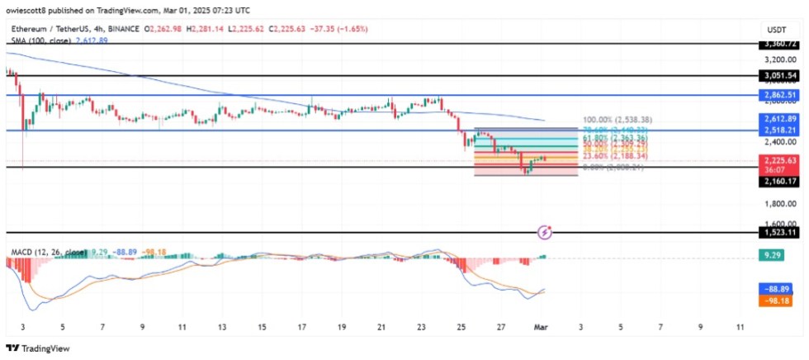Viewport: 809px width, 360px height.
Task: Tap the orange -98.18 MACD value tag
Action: pyautogui.click(x=777, y=301)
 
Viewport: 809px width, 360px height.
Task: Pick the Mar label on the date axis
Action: pyautogui.click(x=541, y=327)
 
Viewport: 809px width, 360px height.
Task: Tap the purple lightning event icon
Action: pyautogui.click(x=544, y=233)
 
